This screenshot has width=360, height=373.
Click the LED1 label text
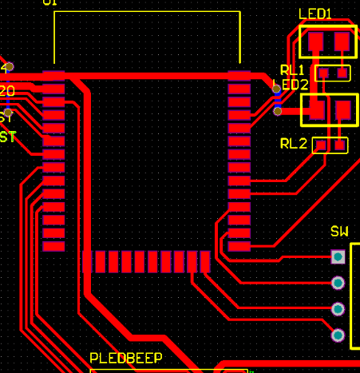click(x=315, y=14)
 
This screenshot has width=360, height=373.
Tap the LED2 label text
click(x=290, y=85)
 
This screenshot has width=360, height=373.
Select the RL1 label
click(x=293, y=70)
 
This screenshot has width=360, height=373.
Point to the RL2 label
click(x=293, y=144)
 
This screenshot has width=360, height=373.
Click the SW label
click(x=339, y=232)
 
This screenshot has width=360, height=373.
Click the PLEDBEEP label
click(x=125, y=358)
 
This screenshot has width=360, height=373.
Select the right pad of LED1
click(x=342, y=41)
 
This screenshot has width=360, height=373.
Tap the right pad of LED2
click(x=343, y=109)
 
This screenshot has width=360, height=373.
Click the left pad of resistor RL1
click(x=323, y=73)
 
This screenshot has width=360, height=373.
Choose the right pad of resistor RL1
click(x=342, y=73)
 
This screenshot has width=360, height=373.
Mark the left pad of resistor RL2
click(x=321, y=145)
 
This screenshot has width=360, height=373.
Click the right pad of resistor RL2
click(x=340, y=145)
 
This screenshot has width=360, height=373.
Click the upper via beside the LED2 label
click(x=277, y=89)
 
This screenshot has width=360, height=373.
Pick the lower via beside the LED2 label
click(x=277, y=111)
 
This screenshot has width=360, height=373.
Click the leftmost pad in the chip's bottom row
click(x=88, y=262)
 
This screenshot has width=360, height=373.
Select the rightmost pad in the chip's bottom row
click(x=204, y=262)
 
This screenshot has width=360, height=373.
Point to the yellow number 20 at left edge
click(x=7, y=90)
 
